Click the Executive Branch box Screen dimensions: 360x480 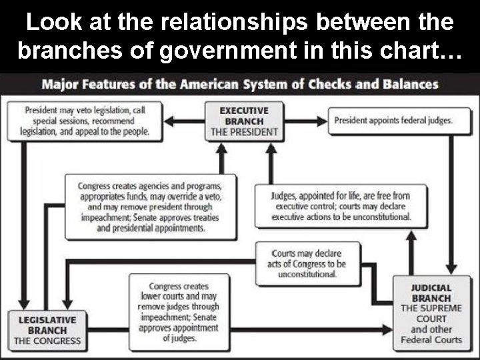(244, 121)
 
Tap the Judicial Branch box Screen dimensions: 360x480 (431, 313)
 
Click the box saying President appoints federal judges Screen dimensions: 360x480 (393, 121)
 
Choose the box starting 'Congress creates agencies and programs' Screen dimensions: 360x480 (149, 207)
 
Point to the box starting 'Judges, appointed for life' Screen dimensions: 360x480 (341, 207)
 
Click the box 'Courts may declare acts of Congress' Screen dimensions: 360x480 (308, 263)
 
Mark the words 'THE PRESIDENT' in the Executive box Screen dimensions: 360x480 (244, 132)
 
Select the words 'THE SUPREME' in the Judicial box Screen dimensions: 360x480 (431, 308)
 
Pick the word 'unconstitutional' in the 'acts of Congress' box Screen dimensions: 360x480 (308, 274)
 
